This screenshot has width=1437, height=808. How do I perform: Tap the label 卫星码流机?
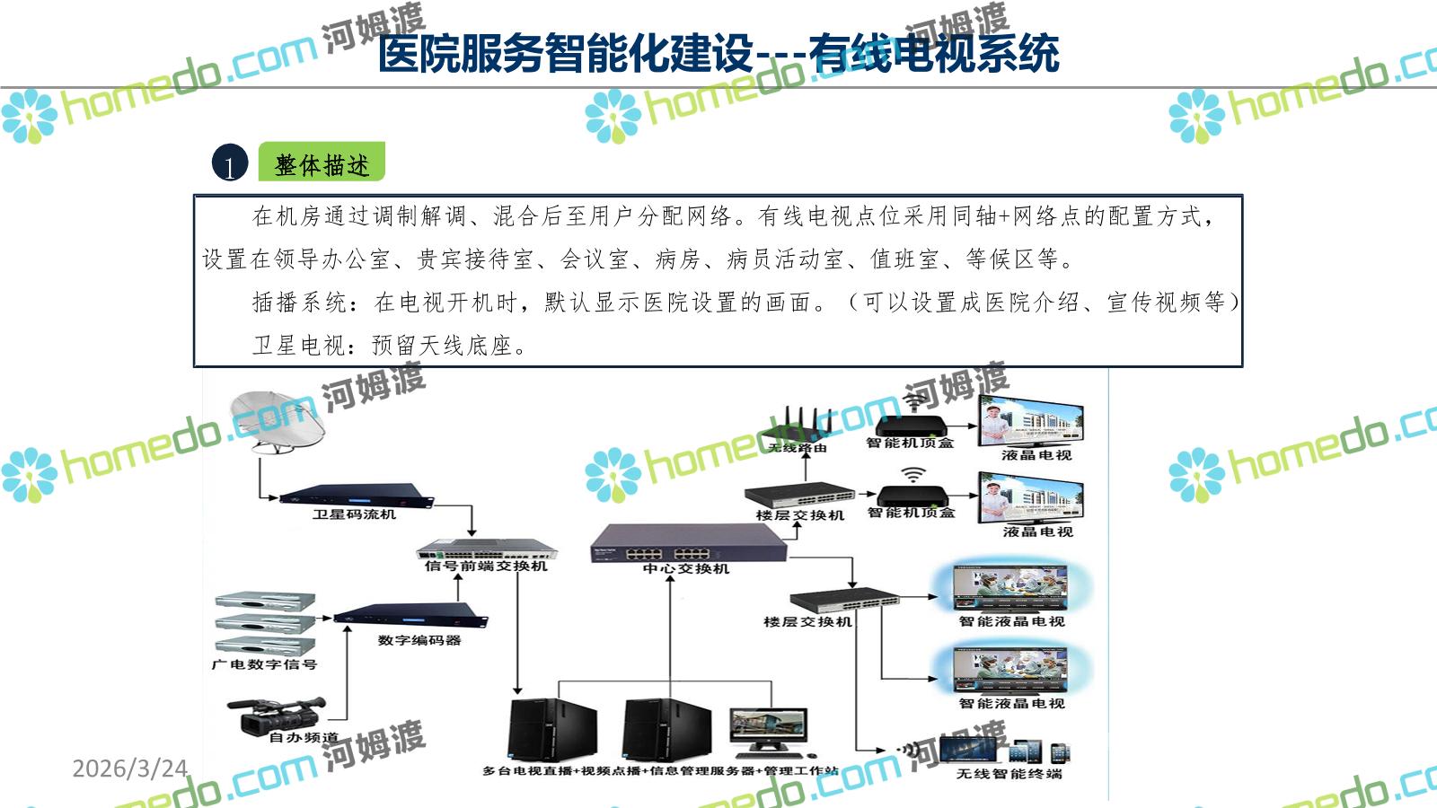click(354, 514)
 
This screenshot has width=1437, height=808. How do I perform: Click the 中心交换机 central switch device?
click(688, 542)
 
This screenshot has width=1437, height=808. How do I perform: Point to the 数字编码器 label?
click(419, 640)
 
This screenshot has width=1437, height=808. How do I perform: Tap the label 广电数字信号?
click(264, 664)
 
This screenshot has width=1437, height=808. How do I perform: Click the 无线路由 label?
click(798, 447)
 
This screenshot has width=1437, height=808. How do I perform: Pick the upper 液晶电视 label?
click(1036, 455)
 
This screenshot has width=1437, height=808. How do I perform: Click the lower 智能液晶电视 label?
click(1011, 703)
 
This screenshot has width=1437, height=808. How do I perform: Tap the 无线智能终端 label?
click(1009, 773)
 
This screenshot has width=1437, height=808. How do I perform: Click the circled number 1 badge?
click(230, 164)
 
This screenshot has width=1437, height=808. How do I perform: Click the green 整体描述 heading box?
click(322, 163)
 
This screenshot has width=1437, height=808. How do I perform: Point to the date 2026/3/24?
click(129, 768)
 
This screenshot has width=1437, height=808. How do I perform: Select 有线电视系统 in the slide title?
click(934, 54)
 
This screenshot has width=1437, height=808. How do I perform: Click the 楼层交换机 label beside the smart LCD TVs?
click(807, 621)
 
